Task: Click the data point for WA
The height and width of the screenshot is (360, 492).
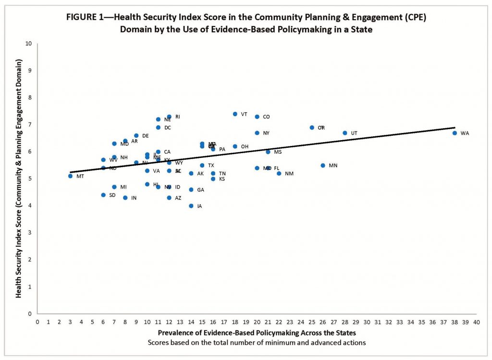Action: [x=455, y=133]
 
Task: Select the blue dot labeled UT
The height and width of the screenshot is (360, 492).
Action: [x=344, y=133]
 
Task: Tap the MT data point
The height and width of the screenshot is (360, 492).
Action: [x=70, y=176]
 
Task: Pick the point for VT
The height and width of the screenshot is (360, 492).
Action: [x=235, y=114]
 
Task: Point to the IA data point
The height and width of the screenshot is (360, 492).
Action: [x=191, y=206]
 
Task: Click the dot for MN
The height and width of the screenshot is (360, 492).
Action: [x=323, y=166]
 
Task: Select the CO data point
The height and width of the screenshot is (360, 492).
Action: [x=257, y=117]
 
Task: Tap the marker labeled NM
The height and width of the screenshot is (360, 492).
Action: [x=279, y=173]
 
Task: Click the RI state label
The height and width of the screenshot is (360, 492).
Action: [x=178, y=117]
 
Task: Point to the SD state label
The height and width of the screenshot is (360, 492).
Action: [x=112, y=195]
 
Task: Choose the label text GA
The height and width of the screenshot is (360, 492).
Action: [x=201, y=190]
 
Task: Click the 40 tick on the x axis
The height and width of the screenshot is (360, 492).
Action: [x=476, y=322]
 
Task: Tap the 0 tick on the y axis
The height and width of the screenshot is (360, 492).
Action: [x=31, y=314]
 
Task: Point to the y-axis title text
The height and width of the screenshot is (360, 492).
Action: [x=19, y=178]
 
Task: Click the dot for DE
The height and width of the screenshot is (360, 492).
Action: [x=136, y=136]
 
